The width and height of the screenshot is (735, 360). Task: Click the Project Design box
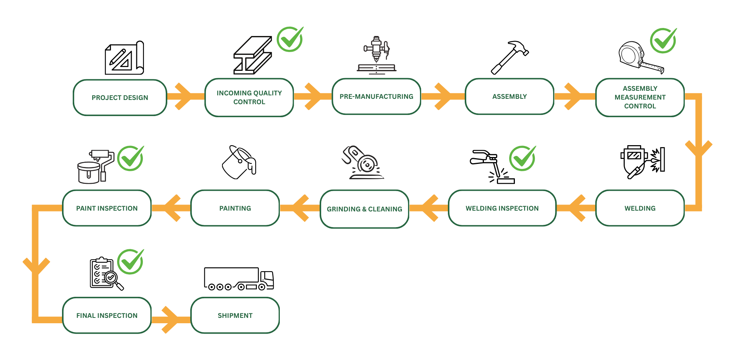tap(120, 98)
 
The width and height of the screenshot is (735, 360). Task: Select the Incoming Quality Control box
tap(249, 97)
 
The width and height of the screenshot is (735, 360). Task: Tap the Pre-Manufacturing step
tap(376, 97)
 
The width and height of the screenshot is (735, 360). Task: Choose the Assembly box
tap(510, 97)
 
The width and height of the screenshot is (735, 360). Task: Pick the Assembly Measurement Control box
tap(640, 97)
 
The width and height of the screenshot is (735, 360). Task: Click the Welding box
tap(640, 208)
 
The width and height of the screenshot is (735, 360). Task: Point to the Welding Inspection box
tap(502, 208)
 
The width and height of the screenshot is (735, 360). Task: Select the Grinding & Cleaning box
tap(364, 209)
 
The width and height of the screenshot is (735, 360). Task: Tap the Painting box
tap(235, 208)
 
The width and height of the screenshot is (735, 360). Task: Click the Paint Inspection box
tap(107, 208)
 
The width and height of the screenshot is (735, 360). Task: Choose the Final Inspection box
tap(107, 316)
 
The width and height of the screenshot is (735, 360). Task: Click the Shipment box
tap(235, 316)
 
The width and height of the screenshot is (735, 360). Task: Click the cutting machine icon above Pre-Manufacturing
tap(377, 54)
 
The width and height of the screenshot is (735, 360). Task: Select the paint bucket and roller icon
tap(95, 167)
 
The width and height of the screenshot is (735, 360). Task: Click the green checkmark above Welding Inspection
tap(522, 158)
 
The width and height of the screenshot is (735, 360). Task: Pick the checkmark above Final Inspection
tap(130, 262)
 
